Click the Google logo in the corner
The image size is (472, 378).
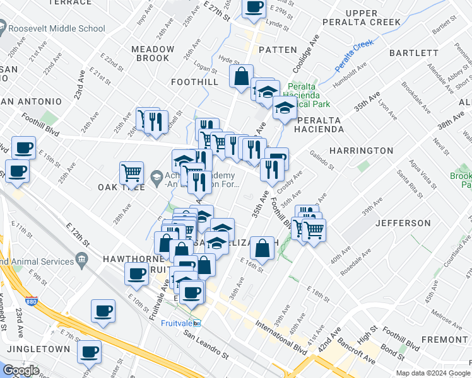(21, 370)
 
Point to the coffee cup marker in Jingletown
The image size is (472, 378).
(89, 352)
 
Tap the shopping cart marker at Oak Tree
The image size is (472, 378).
(132, 173)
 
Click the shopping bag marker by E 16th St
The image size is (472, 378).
(262, 248)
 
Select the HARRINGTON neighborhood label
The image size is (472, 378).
(362, 151)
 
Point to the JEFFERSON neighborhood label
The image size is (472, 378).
(403, 223)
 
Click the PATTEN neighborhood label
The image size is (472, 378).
(277, 49)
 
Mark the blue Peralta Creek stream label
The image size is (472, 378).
(354, 56)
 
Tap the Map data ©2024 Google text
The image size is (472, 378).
(432, 373)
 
